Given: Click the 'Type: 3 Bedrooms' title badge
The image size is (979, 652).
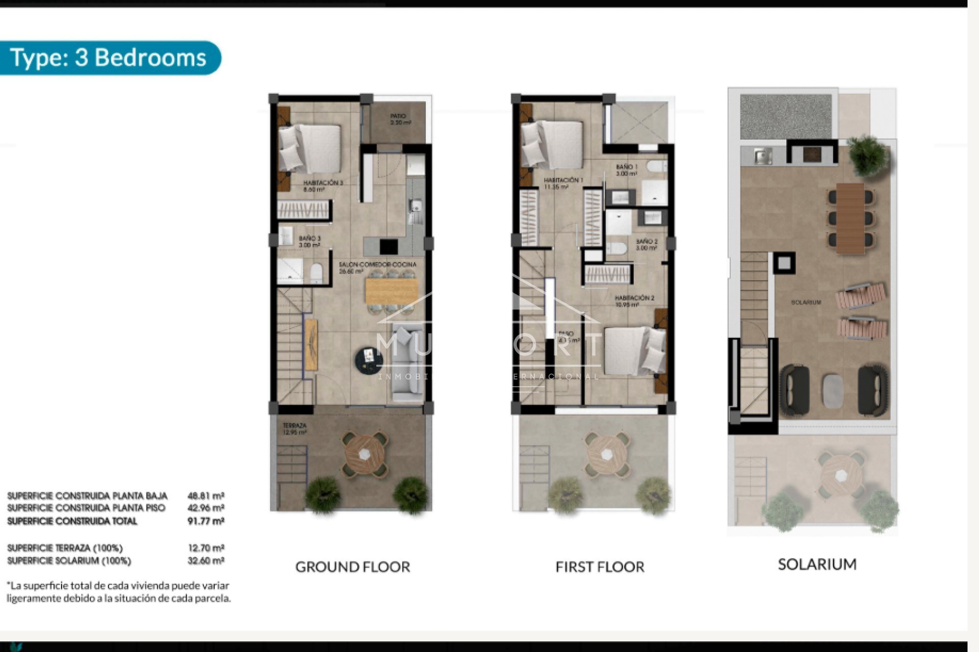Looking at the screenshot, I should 108,58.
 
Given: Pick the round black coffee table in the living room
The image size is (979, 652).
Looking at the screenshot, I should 369,361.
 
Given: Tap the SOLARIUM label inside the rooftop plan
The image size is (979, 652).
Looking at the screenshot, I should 806,302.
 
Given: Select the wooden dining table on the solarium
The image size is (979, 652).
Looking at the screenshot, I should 850,218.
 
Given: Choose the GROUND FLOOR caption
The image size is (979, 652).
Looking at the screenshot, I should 352,567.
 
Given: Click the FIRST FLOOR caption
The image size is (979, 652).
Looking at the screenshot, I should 600,567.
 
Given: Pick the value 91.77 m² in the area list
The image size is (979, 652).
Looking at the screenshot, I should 205,521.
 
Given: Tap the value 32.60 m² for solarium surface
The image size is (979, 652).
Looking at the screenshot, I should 205,560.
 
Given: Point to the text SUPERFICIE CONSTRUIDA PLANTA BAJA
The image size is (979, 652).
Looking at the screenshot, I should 87,496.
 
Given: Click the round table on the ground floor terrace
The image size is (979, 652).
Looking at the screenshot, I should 365,454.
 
